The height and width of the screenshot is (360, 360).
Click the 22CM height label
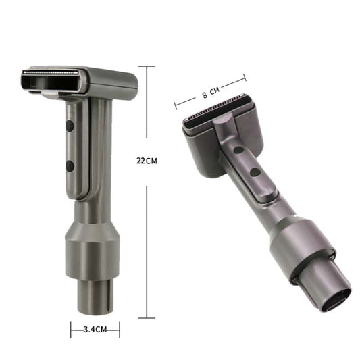(x=147, y=161)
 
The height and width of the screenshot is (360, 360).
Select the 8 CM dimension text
(x=209, y=95)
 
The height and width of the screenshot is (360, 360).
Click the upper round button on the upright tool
(x=70, y=126)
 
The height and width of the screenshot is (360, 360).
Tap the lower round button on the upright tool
(x=70, y=165)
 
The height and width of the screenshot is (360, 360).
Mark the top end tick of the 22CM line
(x=147, y=66)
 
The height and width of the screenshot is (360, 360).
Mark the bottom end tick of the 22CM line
(x=147, y=316)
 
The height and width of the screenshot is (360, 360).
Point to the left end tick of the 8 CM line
(x=176, y=105)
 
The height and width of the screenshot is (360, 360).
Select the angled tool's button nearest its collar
(x=254, y=173)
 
